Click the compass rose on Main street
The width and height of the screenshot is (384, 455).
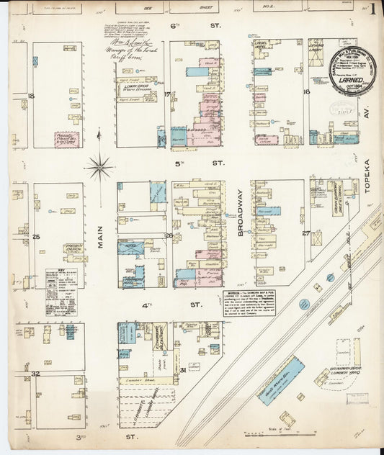(99, 167)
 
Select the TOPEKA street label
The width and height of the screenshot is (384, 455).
(366, 177)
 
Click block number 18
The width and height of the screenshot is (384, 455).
(30, 95)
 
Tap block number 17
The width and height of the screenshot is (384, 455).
(166, 94)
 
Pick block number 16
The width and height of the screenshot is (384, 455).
(306, 92)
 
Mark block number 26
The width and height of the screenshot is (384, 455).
(169, 235)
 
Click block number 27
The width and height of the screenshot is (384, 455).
(305, 233)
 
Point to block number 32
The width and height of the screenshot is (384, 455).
(33, 374)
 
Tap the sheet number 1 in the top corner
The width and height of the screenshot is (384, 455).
(372, 9)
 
